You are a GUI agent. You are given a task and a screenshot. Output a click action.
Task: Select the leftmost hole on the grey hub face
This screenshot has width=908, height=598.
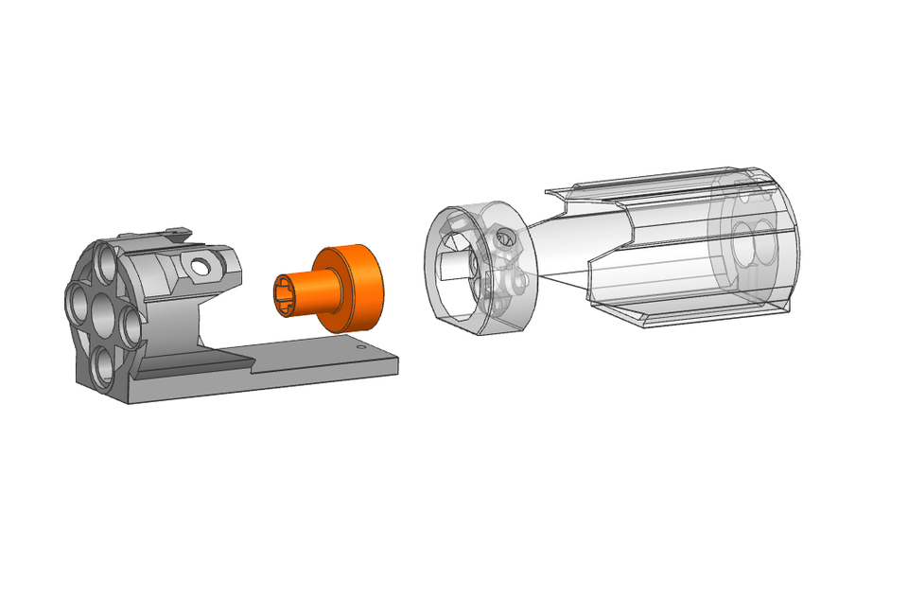(x=76, y=305)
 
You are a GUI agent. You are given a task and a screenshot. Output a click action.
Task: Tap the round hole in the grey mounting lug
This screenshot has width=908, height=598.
(x=199, y=267)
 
